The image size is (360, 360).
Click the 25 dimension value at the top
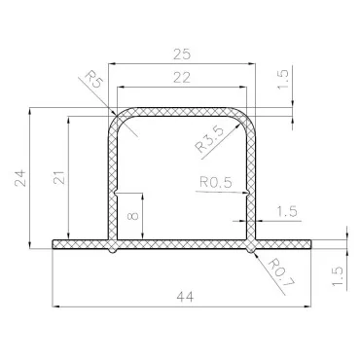click(182, 54)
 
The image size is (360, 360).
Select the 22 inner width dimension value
click(182, 78)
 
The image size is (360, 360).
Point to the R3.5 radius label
click(209, 139)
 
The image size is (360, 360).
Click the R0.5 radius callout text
click(216, 182)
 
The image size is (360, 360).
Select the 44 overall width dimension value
click(186, 297)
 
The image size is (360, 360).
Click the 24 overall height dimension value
click(20, 178)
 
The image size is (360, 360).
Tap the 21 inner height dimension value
click(59, 177)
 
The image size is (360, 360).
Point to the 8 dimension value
click(133, 216)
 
